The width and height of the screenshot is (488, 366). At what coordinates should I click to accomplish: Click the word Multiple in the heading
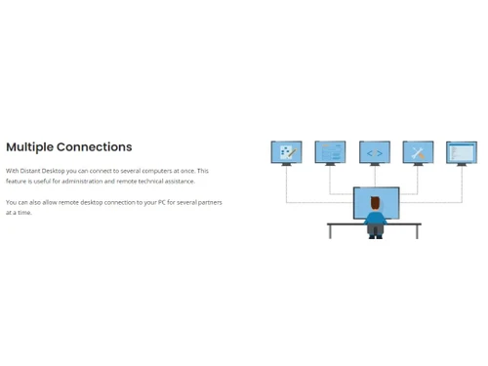pos(29,147)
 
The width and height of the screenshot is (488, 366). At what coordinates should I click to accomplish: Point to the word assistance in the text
pos(179,181)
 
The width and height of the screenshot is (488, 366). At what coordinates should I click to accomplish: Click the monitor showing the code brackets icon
pos(375,152)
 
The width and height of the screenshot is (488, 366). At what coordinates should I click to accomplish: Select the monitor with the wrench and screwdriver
pos(418,152)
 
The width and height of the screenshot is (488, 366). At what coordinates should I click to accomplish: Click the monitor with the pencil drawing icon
pos(286,152)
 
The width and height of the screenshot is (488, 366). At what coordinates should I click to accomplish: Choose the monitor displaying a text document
pos(331,152)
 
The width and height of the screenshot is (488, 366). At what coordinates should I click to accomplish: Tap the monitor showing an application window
pos(462,152)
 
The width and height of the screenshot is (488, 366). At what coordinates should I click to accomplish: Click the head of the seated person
pos(375,203)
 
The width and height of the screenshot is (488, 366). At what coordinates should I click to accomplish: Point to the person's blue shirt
pos(375,219)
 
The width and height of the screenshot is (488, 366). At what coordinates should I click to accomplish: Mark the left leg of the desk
pos(330,232)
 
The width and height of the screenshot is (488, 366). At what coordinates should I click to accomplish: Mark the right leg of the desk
pos(418,232)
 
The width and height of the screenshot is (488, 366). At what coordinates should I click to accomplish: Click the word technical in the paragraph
pos(145,181)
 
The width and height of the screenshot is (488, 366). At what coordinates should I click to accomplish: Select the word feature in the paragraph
pos(17,181)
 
